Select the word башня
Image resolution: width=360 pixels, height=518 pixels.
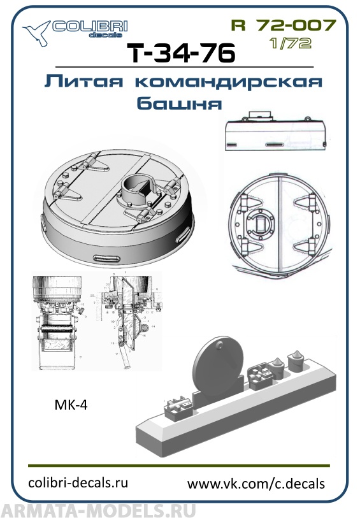pos(180,103)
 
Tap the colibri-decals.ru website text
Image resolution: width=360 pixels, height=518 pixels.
pos(79,482)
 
